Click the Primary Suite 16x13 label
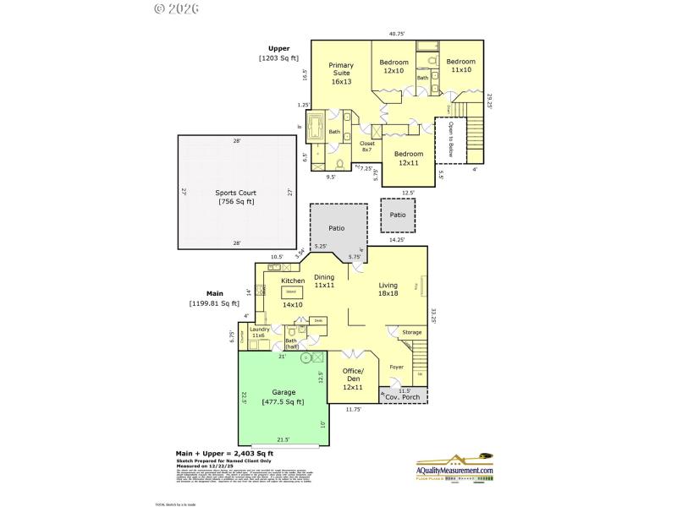coord(341,74)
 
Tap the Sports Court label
coord(235,197)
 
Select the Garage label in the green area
coord(283,396)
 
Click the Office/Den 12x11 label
coord(353,379)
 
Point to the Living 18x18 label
coord(388,290)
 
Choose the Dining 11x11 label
coord(324,281)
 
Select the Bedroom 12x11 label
coord(409,158)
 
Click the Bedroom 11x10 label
coord(461,66)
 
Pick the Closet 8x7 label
coord(367,147)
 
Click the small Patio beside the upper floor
coord(398,215)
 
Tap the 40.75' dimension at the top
coord(397,34)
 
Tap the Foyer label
coord(396,367)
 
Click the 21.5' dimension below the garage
coord(283,439)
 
